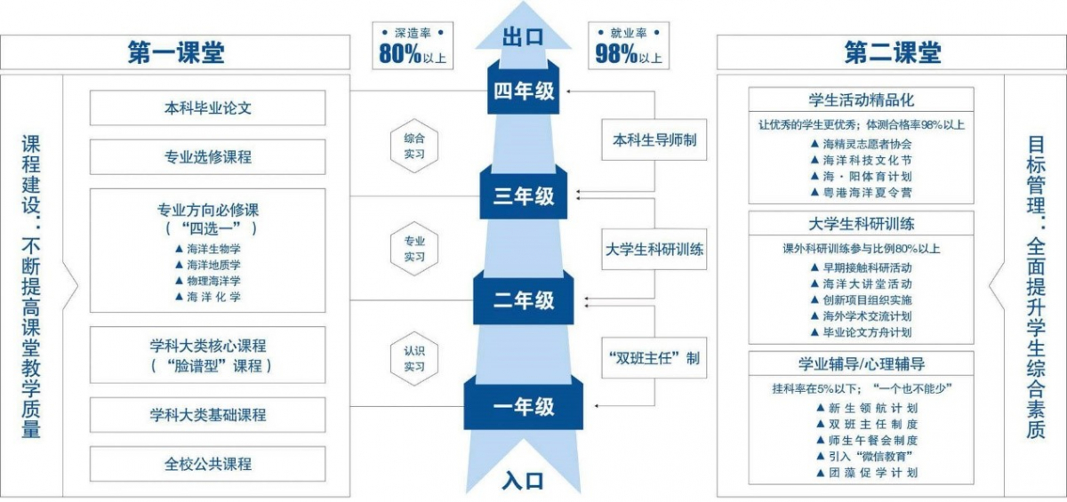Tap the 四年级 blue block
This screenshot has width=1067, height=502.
click(x=524, y=91)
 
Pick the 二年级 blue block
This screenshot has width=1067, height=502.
click(x=524, y=300)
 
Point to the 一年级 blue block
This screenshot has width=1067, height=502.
click(x=524, y=406)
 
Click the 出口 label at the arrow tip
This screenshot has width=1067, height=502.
click(x=524, y=36)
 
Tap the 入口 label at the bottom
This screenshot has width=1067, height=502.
click(x=523, y=481)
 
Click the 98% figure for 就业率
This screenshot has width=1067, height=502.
click(x=615, y=55)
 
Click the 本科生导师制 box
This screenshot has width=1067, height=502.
click(x=654, y=139)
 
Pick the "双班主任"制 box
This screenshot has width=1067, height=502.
click(x=654, y=358)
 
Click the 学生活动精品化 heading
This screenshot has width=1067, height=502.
click(x=861, y=100)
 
